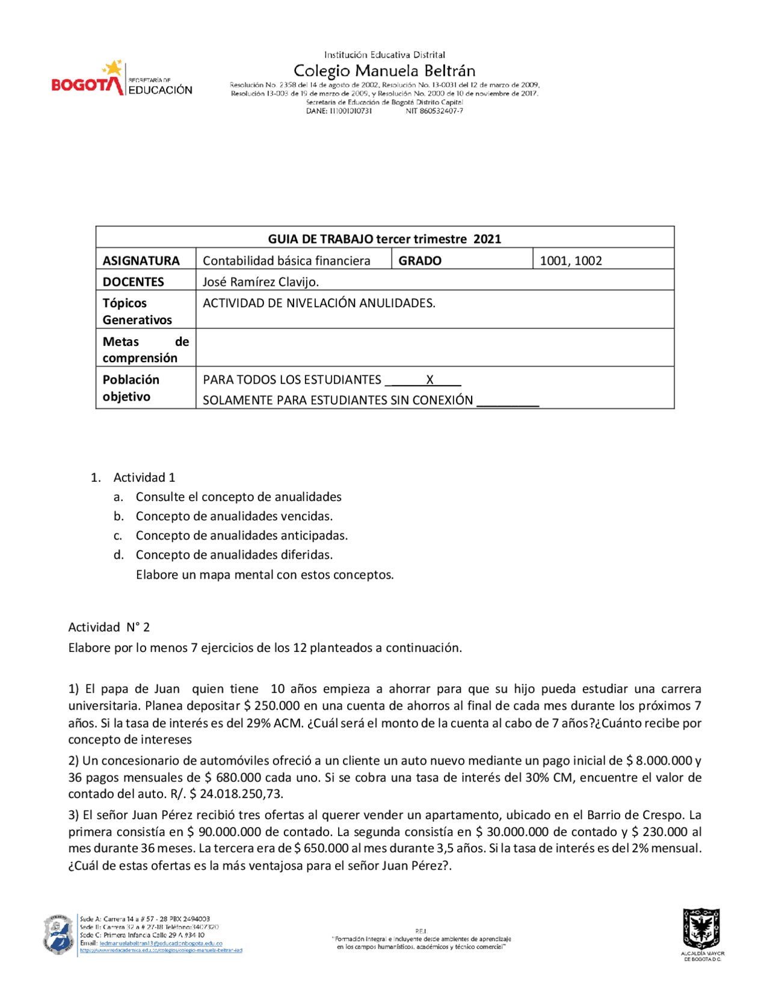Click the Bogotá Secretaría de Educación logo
click(122, 79)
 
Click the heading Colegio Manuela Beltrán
click(384, 71)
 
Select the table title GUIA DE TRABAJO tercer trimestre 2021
click(384, 239)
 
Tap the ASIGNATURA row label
click(141, 260)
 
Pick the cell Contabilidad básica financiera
click(286, 260)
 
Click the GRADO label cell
click(420, 260)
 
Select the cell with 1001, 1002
click(570, 260)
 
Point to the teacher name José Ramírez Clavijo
click(260, 281)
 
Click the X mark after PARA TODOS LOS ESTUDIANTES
click(430, 380)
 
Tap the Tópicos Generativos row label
click(137, 311)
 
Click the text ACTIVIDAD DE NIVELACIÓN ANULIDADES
click(319, 303)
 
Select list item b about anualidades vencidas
click(234, 516)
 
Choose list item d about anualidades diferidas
click(234, 555)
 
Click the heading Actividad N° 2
click(109, 627)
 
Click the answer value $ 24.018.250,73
click(236, 794)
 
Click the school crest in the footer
click(58, 935)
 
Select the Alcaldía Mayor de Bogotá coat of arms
click(701, 929)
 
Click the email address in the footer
click(161, 943)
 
